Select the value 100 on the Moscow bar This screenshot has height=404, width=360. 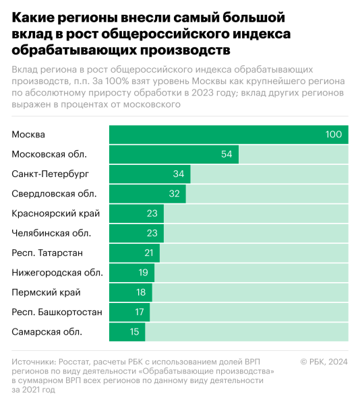(x=334, y=135)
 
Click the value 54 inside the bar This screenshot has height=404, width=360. (x=227, y=154)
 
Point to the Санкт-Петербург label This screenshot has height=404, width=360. (x=51, y=174)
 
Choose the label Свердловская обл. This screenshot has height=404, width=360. (x=53, y=194)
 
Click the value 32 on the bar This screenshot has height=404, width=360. (x=173, y=194)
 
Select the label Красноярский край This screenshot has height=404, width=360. (x=56, y=213)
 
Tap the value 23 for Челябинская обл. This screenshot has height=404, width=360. (x=152, y=233)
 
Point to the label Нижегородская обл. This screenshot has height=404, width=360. (x=57, y=273)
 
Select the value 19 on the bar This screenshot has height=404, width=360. (x=142, y=273)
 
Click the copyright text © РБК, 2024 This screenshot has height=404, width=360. (x=324, y=362)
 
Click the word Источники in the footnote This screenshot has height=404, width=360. (x=34, y=362)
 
